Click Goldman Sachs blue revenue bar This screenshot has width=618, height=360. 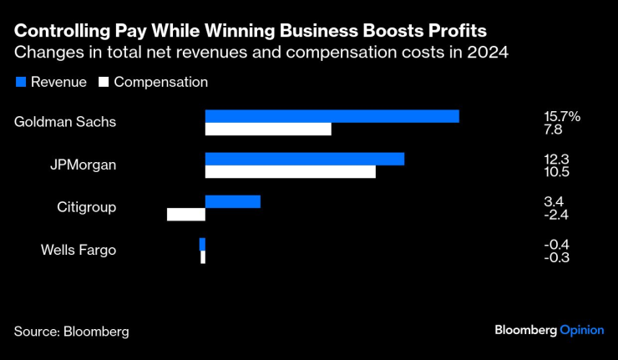(x=332, y=116)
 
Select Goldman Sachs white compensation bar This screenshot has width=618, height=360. (x=268, y=129)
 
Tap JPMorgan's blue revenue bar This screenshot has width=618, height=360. (x=305, y=159)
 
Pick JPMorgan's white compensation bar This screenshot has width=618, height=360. (x=290, y=172)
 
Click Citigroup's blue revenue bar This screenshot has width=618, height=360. (x=233, y=201)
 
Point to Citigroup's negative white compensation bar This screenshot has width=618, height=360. (x=186, y=215)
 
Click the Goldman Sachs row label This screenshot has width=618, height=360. (x=65, y=122)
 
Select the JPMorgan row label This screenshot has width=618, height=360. (x=83, y=165)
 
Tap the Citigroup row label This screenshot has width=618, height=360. (x=86, y=207)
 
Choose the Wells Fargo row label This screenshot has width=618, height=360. (x=79, y=250)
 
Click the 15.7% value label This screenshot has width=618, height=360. (x=562, y=116)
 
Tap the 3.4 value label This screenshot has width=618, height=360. (x=555, y=201)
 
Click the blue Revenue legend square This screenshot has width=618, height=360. (x=20, y=83)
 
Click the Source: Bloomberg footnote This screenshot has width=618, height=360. (x=71, y=331)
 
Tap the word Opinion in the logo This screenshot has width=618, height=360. (x=581, y=330)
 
